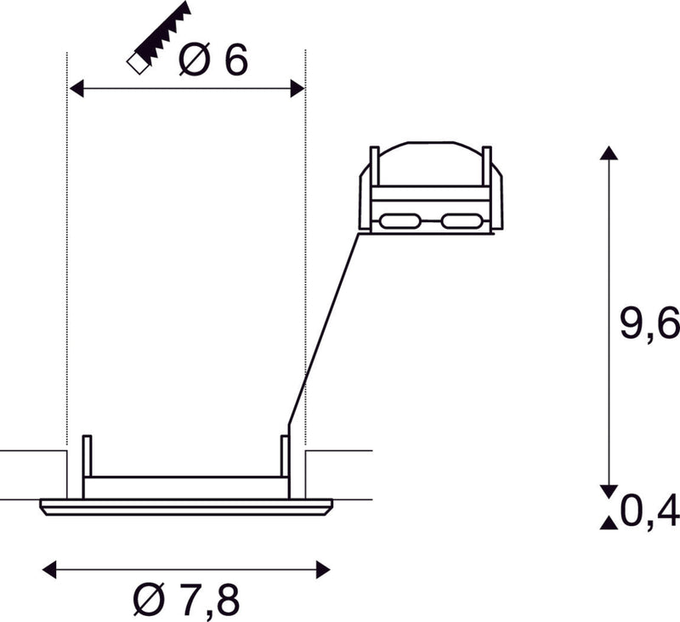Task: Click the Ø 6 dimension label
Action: (213, 60)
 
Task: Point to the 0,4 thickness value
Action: (649, 511)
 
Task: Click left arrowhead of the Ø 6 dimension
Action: (76, 88)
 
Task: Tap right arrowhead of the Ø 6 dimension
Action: (297, 88)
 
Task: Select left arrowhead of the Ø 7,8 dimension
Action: (48, 569)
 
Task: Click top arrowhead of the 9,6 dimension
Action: (607, 153)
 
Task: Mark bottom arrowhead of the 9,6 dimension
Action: (607, 491)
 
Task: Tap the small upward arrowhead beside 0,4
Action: (607, 522)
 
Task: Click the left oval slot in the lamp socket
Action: (397, 222)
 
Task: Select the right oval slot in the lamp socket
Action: (462, 222)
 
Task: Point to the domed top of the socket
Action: (431, 162)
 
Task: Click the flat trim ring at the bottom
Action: (186, 507)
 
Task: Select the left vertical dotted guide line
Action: (66, 255)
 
